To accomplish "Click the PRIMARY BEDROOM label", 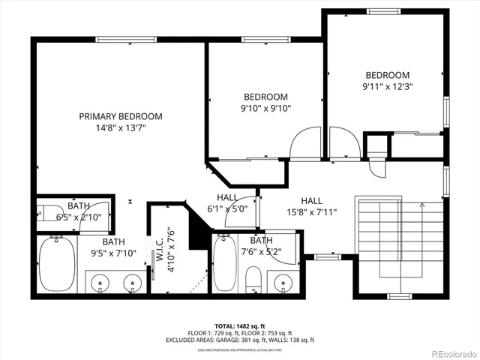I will click(x=121, y=116).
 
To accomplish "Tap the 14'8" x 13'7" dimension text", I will click(x=121, y=128).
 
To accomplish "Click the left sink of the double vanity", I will click(x=100, y=283).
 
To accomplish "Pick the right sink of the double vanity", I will click(x=132, y=283).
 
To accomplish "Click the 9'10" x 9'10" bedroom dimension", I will click(x=265, y=109).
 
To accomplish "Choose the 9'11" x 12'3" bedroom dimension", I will click(x=387, y=86).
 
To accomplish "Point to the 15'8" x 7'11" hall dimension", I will click(x=311, y=212).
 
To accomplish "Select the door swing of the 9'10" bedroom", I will click(x=306, y=144).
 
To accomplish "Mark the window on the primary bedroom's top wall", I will click(x=120, y=39).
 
